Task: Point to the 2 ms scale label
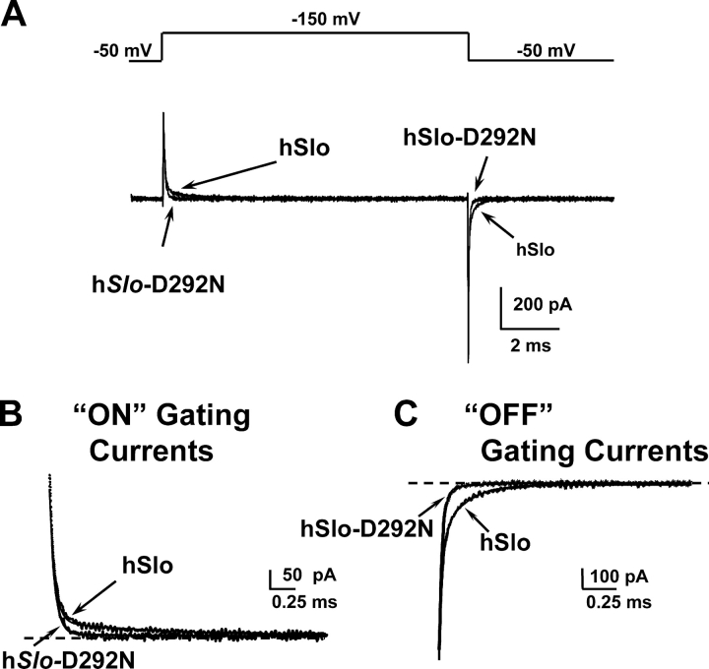click(x=529, y=346)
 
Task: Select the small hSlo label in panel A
click(x=535, y=250)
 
